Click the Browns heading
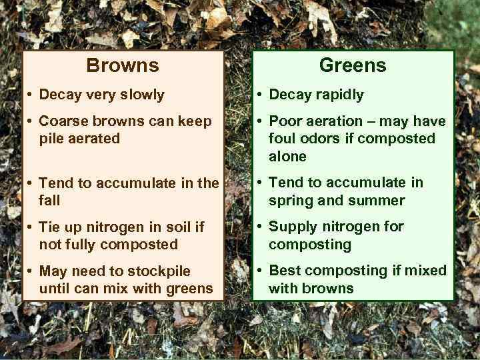123,65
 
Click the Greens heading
353,65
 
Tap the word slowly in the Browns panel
141,95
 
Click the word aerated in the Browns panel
95,139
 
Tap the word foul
282,139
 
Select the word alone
287,157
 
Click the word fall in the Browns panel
49,200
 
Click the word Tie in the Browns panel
51,227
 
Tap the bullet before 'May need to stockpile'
30,271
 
